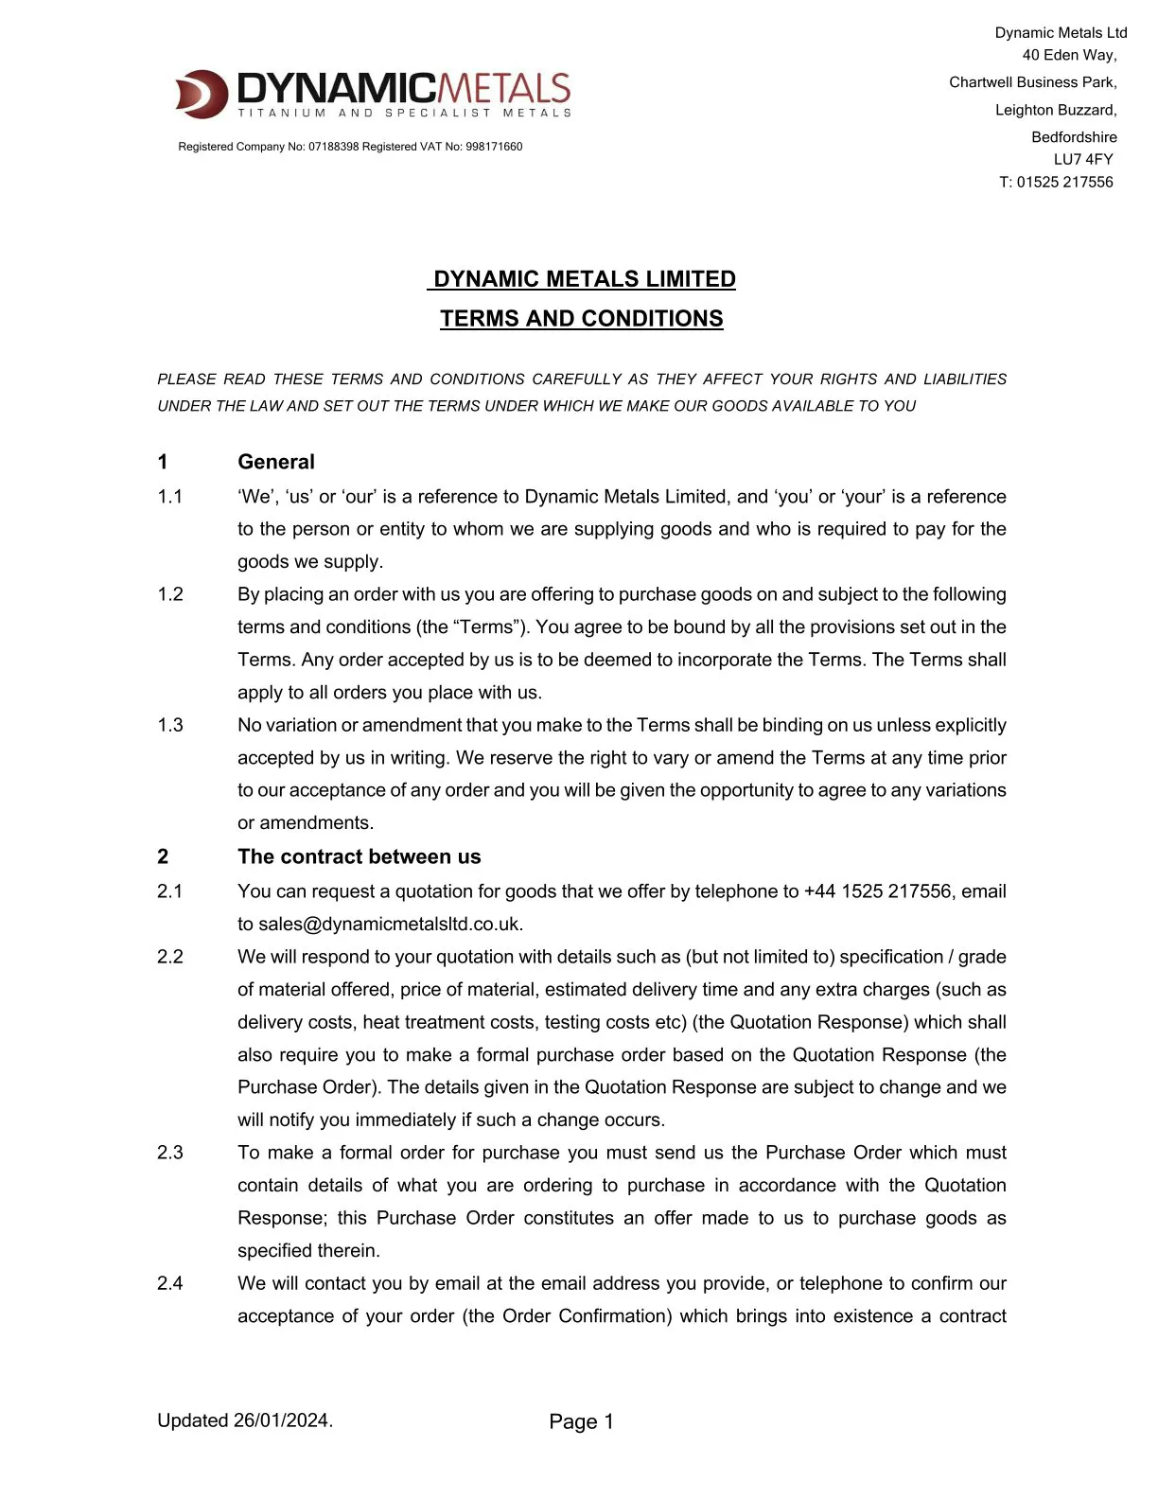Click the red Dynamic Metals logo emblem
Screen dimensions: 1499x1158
point(202,94)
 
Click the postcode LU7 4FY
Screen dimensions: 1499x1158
point(1083,159)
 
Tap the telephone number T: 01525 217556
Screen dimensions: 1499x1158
point(1056,182)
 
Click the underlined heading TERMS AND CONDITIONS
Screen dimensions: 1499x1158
point(581,319)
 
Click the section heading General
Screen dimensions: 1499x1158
point(276,462)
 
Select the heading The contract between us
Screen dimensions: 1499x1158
point(359,856)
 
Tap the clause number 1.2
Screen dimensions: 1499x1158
point(170,594)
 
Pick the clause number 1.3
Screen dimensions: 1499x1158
point(170,725)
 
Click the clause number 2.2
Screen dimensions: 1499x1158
point(170,957)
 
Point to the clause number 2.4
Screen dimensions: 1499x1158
point(170,1283)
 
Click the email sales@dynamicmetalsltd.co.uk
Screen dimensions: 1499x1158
point(390,924)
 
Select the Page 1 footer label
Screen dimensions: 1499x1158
point(581,1421)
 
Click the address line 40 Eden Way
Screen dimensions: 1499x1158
point(1069,55)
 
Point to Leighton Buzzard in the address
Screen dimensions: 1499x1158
point(1055,110)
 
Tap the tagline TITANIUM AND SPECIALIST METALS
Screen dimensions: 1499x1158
point(404,114)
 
